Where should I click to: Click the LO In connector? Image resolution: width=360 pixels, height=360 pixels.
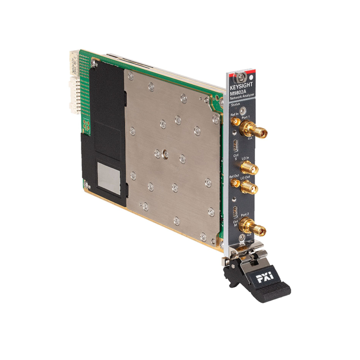(248, 168)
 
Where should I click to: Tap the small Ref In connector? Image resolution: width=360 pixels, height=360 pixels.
(235, 121)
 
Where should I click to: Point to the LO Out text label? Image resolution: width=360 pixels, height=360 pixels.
(245, 179)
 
